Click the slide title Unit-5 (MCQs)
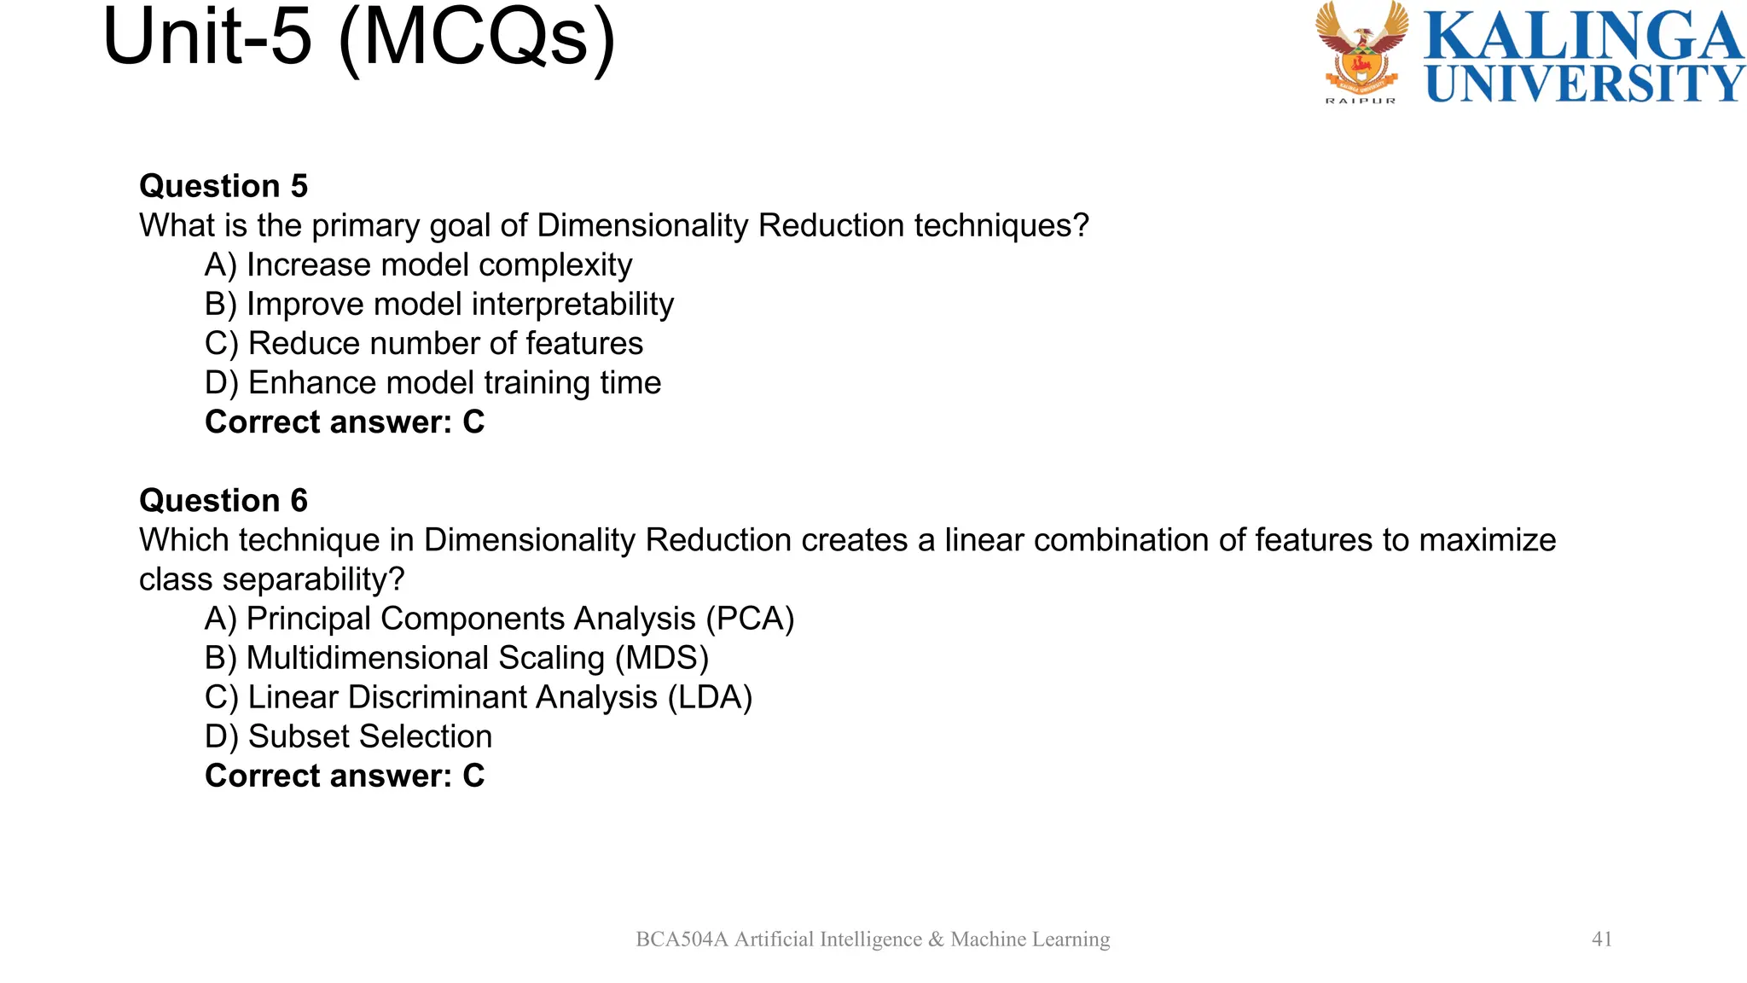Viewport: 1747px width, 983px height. pos(358,38)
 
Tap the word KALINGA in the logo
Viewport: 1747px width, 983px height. pos(1583,35)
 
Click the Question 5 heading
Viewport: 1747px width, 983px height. pos(223,186)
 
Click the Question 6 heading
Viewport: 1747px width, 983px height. pos(223,500)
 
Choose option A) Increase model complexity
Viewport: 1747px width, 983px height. pos(418,265)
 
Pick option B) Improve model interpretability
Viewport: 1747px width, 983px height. pos(439,304)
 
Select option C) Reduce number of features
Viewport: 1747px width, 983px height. pos(424,343)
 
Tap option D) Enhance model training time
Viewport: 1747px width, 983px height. pos(432,382)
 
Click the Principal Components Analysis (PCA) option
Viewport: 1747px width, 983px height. pos(499,619)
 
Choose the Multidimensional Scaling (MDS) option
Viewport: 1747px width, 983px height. pos(456,658)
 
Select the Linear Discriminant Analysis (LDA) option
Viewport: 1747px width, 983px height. pos(479,697)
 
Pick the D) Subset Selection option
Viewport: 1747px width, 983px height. pos(348,736)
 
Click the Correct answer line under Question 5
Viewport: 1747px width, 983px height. pos(345,422)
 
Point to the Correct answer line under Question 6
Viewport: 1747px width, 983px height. pos(345,776)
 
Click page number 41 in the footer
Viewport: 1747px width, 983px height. pos(1602,939)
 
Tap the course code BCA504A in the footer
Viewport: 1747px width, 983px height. pos(682,939)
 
